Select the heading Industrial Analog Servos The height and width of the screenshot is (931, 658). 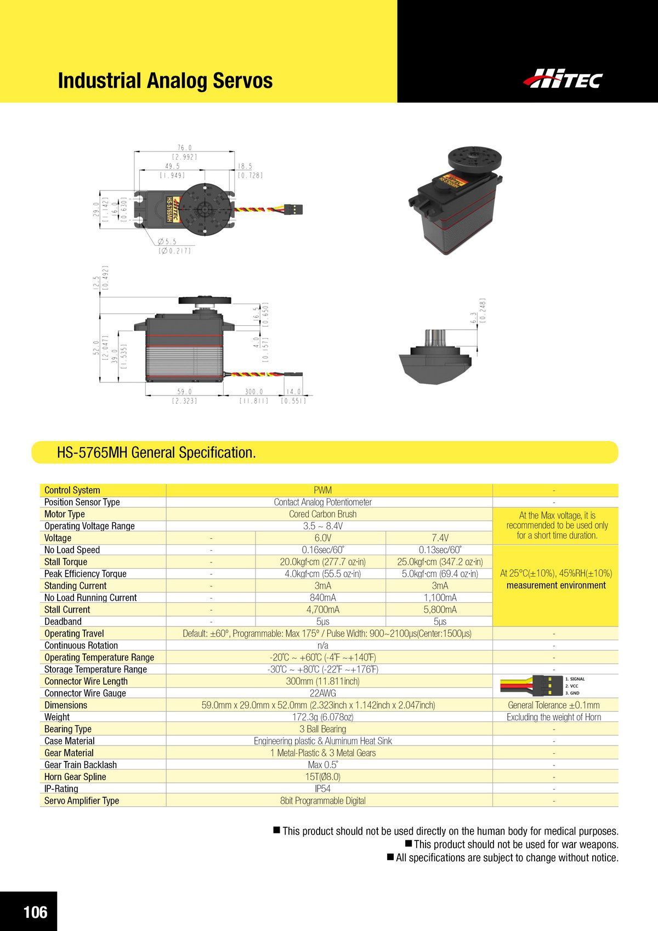point(165,81)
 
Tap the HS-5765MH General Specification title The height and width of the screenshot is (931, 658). point(156,453)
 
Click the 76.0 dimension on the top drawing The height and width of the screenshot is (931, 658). point(184,148)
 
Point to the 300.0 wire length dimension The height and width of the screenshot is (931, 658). point(254,392)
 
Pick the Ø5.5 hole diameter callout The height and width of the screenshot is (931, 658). point(167,241)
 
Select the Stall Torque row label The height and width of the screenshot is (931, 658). point(66,562)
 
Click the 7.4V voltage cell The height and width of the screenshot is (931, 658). point(440,538)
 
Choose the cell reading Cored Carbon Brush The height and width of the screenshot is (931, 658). point(322,514)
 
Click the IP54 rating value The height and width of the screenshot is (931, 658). point(322,789)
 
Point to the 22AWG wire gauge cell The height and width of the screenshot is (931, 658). point(322,693)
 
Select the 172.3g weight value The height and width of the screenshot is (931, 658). point(322,717)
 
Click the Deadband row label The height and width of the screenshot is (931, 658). point(63,622)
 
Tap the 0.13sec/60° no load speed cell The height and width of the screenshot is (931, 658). point(440,550)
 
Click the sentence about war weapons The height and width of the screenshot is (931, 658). point(516,844)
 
